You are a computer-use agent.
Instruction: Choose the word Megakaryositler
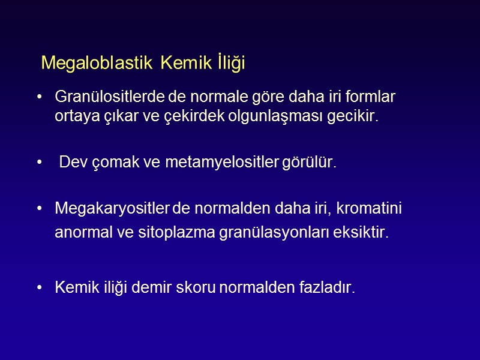click(113, 209)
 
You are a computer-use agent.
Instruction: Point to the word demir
click(154, 288)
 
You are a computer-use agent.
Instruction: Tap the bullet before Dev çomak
click(40, 163)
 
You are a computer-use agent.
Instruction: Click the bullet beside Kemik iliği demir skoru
click(40, 288)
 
